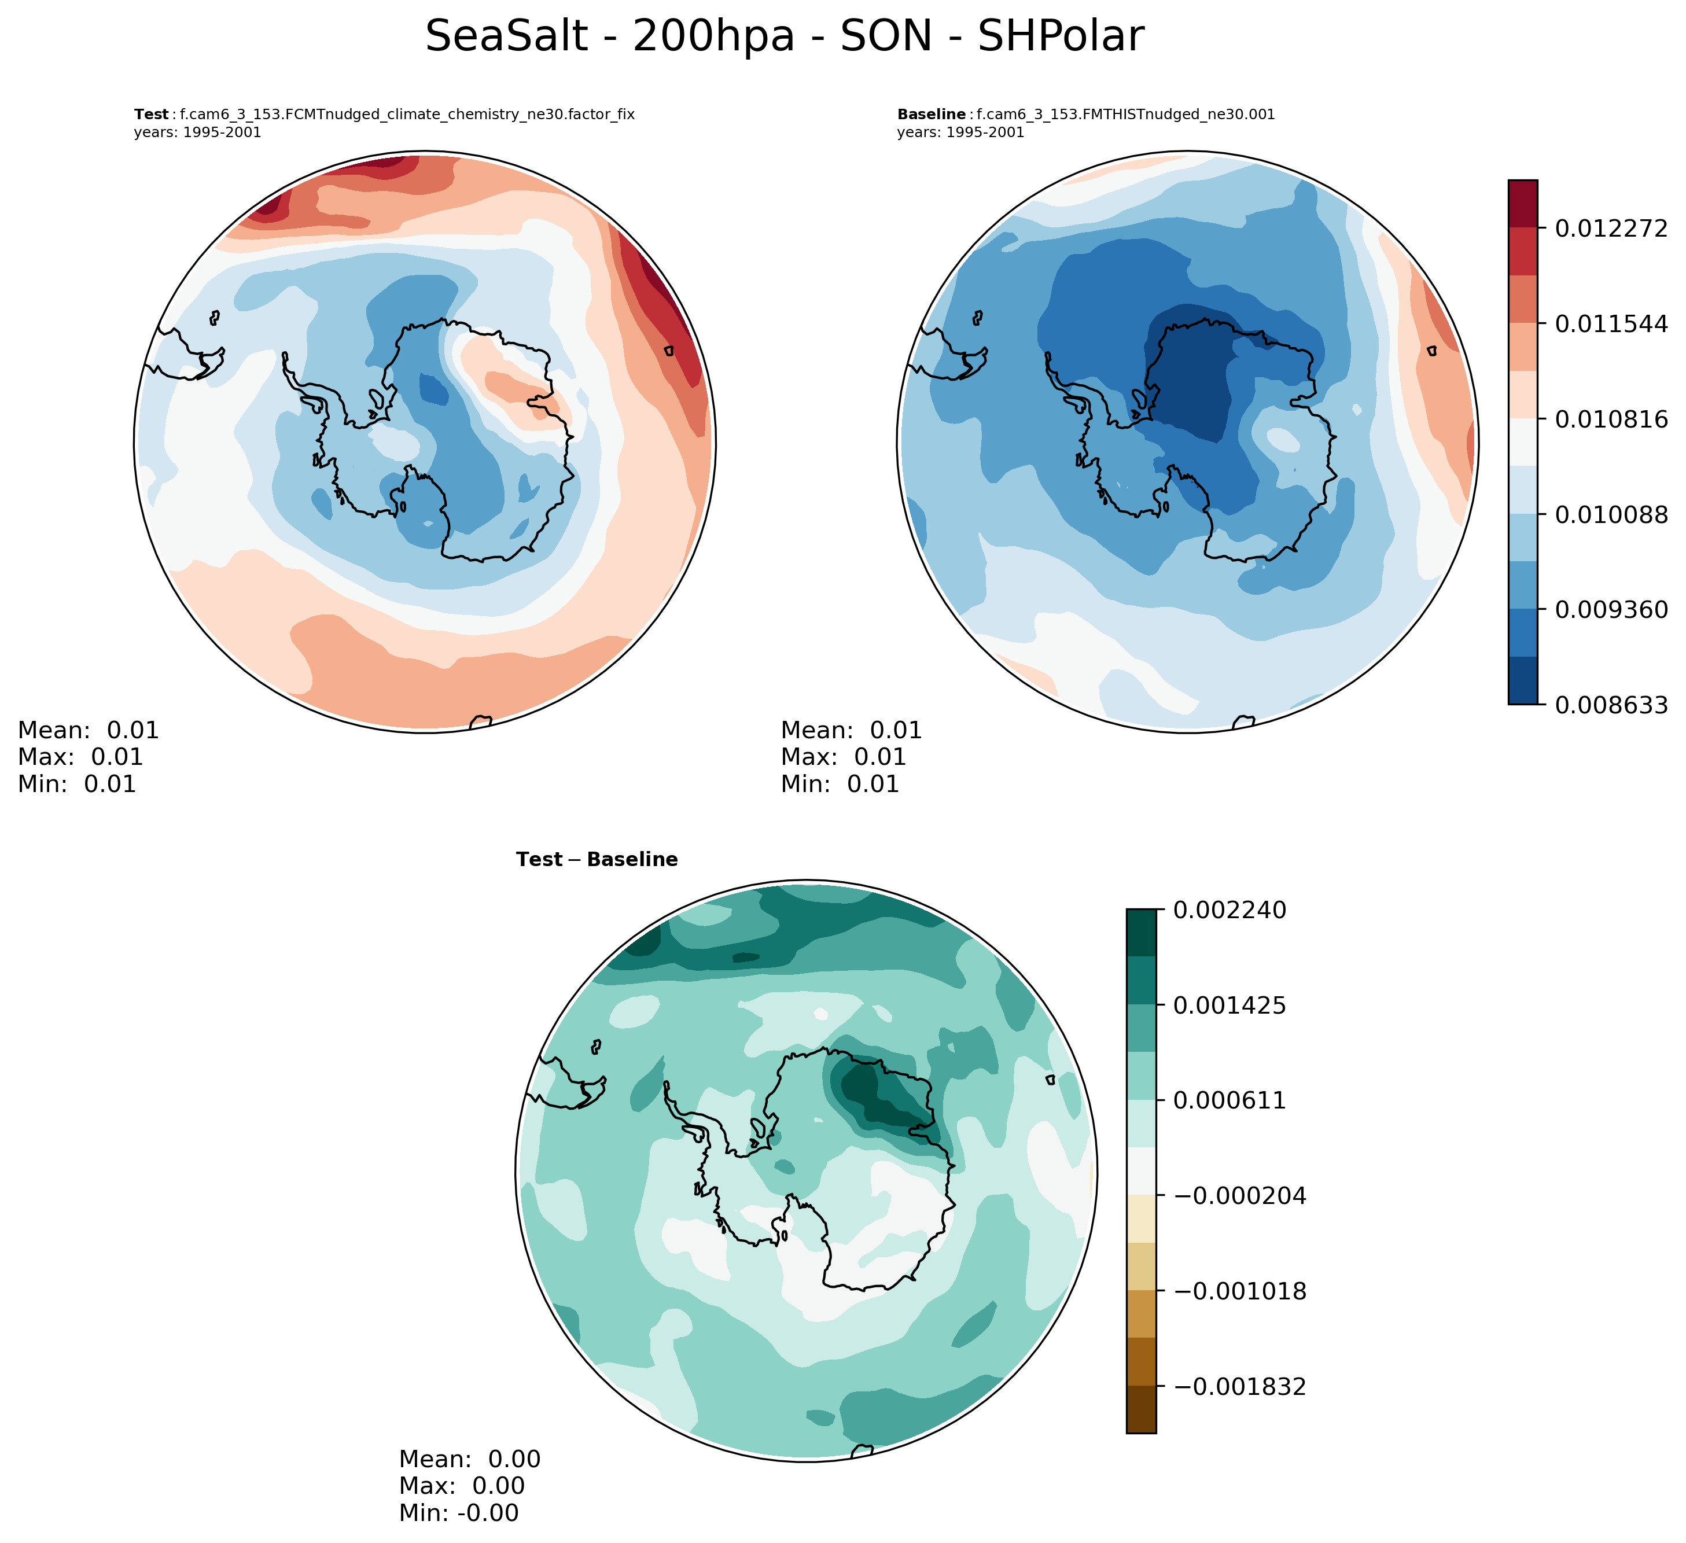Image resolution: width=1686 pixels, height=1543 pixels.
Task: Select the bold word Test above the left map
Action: click(x=152, y=115)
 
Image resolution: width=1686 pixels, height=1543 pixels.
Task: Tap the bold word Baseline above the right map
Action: click(x=932, y=115)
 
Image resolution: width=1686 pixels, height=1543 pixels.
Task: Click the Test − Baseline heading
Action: click(x=597, y=860)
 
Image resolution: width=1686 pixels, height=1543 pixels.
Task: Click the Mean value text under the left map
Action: click(x=89, y=730)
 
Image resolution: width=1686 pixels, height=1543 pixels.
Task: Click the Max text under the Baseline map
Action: click(x=843, y=757)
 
